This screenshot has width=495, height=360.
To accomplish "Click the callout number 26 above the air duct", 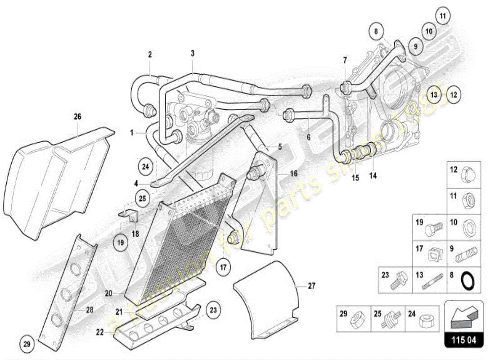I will tap(77, 117).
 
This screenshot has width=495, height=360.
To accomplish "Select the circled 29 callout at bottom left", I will tap(27, 344).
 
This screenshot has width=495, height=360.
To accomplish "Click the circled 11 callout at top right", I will tap(442, 17).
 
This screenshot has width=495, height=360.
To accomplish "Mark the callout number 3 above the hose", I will tap(193, 54).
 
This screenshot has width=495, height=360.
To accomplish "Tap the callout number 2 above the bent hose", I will tap(150, 54).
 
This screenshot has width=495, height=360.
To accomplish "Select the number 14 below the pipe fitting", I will tap(373, 175).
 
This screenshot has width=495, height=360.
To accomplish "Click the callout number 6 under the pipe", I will tap(309, 137).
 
